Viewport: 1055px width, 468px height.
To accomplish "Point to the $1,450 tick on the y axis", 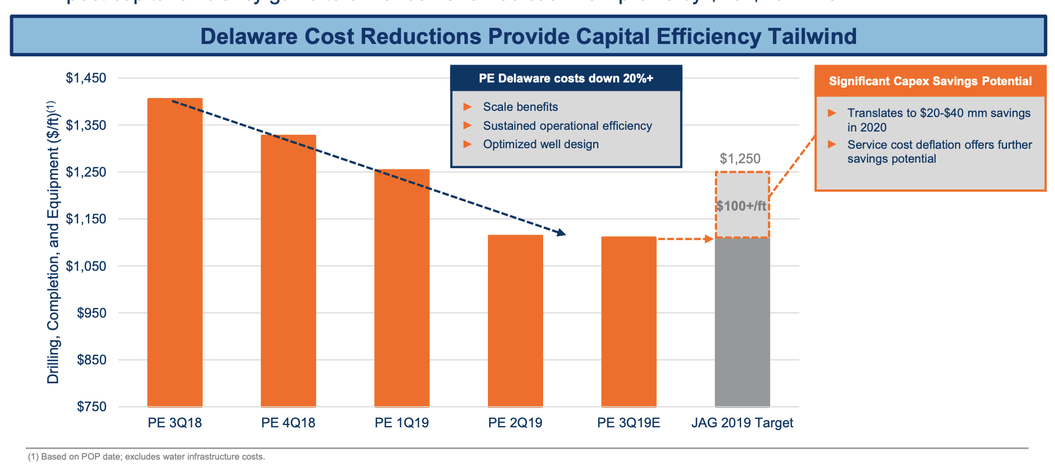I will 86,78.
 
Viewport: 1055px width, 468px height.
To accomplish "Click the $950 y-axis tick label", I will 91,313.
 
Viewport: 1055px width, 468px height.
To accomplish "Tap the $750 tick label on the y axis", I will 91,407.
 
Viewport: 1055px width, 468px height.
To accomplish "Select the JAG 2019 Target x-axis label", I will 742,423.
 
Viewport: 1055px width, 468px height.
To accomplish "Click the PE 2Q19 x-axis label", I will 515,423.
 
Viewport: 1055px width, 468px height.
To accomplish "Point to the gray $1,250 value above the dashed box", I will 740,159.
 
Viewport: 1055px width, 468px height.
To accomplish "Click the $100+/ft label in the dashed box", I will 742,206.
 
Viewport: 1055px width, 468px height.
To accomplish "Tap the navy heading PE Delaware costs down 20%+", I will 566,79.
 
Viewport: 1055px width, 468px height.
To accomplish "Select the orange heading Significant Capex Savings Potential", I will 930,81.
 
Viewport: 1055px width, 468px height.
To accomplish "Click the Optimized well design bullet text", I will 541,144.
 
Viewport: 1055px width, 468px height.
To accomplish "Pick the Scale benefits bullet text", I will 520,107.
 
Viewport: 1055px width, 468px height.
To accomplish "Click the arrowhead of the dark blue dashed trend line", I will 562,233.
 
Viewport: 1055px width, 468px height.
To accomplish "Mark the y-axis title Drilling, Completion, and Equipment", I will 53,243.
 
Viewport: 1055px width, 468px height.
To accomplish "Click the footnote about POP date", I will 147,457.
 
